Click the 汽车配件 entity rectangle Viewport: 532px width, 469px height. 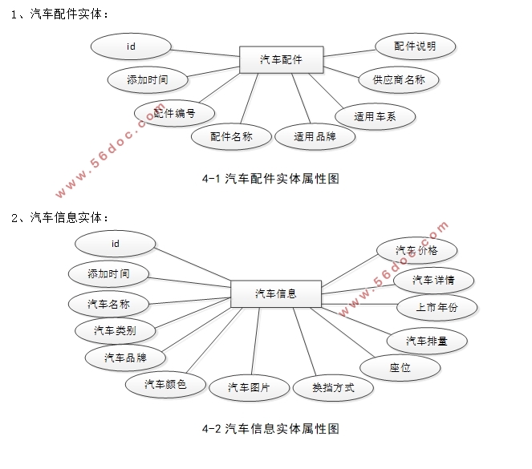[x=281, y=59]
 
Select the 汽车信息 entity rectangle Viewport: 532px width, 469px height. [x=275, y=293]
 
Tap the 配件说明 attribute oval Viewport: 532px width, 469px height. [x=415, y=46]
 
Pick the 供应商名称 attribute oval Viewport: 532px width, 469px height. [x=398, y=79]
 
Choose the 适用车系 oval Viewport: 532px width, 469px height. [x=375, y=116]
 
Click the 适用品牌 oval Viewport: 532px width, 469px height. [x=314, y=136]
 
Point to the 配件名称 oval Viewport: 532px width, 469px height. [x=231, y=136]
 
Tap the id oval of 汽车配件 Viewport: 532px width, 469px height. [x=132, y=46]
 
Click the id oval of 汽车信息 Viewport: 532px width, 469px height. [x=115, y=244]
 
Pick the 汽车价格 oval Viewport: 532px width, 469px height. [x=417, y=250]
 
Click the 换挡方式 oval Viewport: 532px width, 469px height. [x=332, y=389]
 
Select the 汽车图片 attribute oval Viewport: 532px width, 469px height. [x=249, y=388]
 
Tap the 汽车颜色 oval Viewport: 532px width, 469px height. [x=165, y=385]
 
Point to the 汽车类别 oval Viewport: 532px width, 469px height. [x=115, y=330]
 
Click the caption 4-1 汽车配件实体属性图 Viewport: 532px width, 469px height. [x=270, y=179]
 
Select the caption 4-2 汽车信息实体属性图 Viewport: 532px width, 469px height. [x=270, y=429]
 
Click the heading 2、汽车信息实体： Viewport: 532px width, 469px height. [x=60, y=217]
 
